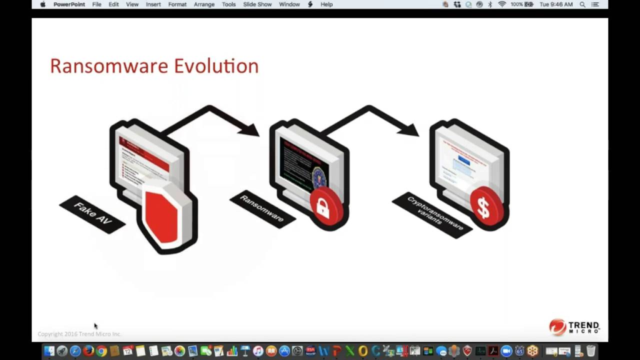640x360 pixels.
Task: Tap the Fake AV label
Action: pyautogui.click(x=92, y=214)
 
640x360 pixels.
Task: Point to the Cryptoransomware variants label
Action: pyautogui.click(x=431, y=214)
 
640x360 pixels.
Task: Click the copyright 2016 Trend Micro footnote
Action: pyautogui.click(x=79, y=334)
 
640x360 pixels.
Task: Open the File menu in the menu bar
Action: pyautogui.click(x=96, y=4)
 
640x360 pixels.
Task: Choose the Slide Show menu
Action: pyautogui.click(x=257, y=4)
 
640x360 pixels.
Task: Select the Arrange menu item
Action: pyautogui.click(x=204, y=4)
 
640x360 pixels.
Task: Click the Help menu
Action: pyautogui.click(x=326, y=4)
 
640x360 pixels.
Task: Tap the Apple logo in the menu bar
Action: pyautogui.click(x=42, y=4)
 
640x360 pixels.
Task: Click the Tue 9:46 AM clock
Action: pyautogui.click(x=556, y=4)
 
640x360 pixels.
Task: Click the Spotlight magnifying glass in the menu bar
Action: pyautogui.click(x=582, y=4)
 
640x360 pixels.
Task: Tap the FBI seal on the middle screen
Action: pyautogui.click(x=318, y=177)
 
